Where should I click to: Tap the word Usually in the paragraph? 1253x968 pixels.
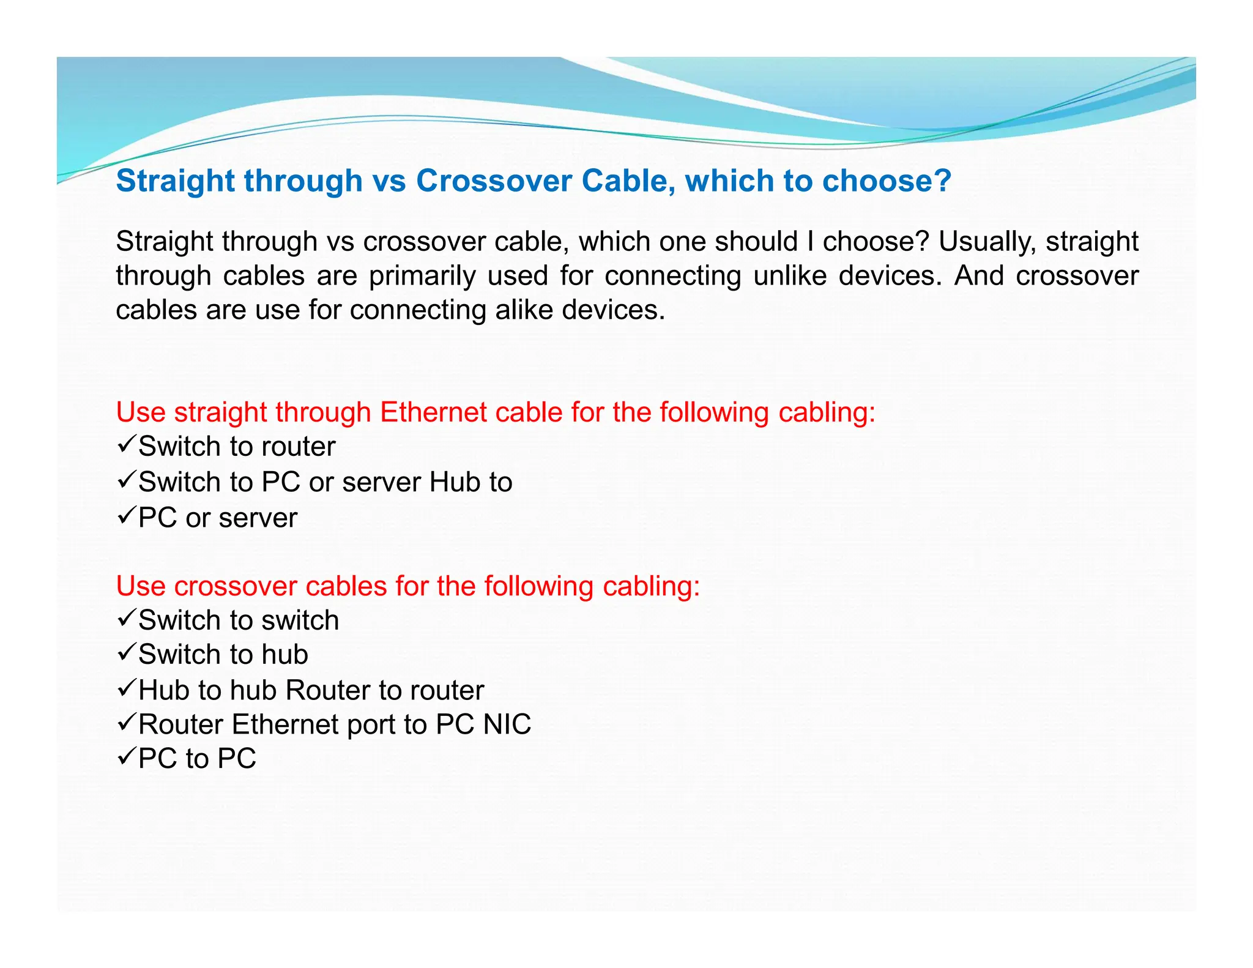coord(987,242)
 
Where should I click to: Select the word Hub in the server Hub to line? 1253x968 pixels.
coord(451,482)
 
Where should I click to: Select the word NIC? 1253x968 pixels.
coord(507,724)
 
